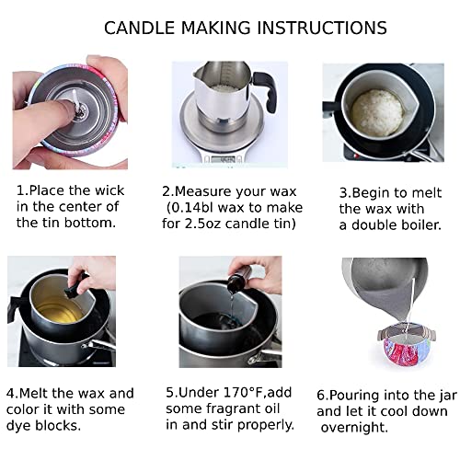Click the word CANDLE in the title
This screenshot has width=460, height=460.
(140, 28)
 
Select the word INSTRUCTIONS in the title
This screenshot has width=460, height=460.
(312, 28)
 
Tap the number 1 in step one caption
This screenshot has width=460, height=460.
(21, 191)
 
